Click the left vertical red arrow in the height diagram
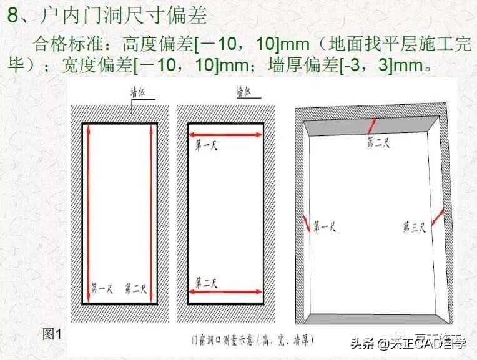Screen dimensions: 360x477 click(x=89, y=212)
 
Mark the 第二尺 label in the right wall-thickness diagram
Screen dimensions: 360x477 click(x=378, y=143)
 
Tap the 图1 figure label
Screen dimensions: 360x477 click(x=52, y=334)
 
